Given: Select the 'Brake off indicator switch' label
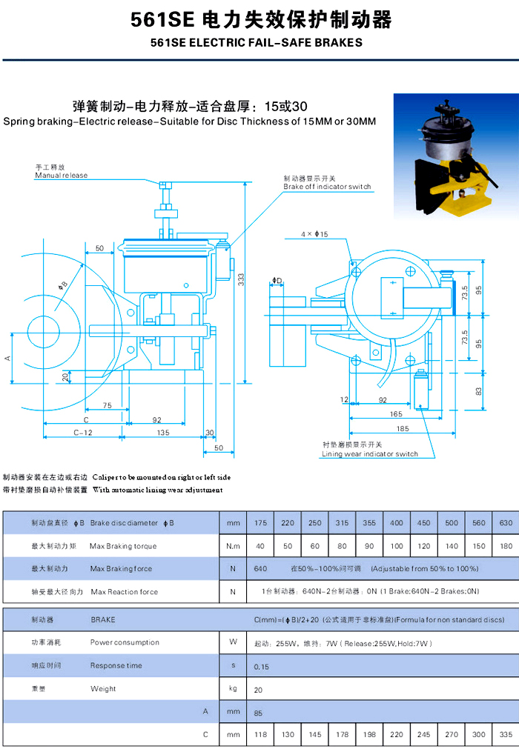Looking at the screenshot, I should pyautogui.click(x=327, y=187).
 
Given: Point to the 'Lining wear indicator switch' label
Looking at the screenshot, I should pyautogui.click(x=369, y=454).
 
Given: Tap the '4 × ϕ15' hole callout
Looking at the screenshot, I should pyautogui.click(x=314, y=234).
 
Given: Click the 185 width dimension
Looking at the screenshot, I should pyautogui.click(x=402, y=428).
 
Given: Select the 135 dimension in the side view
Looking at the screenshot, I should pyautogui.click(x=162, y=432).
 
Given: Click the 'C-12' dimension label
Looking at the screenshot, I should pyautogui.click(x=83, y=432).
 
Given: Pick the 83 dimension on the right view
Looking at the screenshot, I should pyautogui.click(x=478, y=390).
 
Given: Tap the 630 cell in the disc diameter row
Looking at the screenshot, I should pyautogui.click(x=506, y=523).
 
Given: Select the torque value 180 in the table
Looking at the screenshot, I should pyautogui.click(x=506, y=546).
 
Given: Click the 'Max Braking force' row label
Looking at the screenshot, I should pyautogui.click(x=121, y=569).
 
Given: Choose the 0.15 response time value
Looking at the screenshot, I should pyautogui.click(x=262, y=666).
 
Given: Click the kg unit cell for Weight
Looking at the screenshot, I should pyautogui.click(x=233, y=689).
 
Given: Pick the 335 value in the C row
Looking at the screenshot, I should pyautogui.click(x=506, y=735).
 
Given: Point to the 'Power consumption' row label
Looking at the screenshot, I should pyautogui.click(x=125, y=642).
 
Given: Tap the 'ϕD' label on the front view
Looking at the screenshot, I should pyautogui.click(x=277, y=281).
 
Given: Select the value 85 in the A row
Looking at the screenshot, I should pyautogui.click(x=259, y=713).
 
